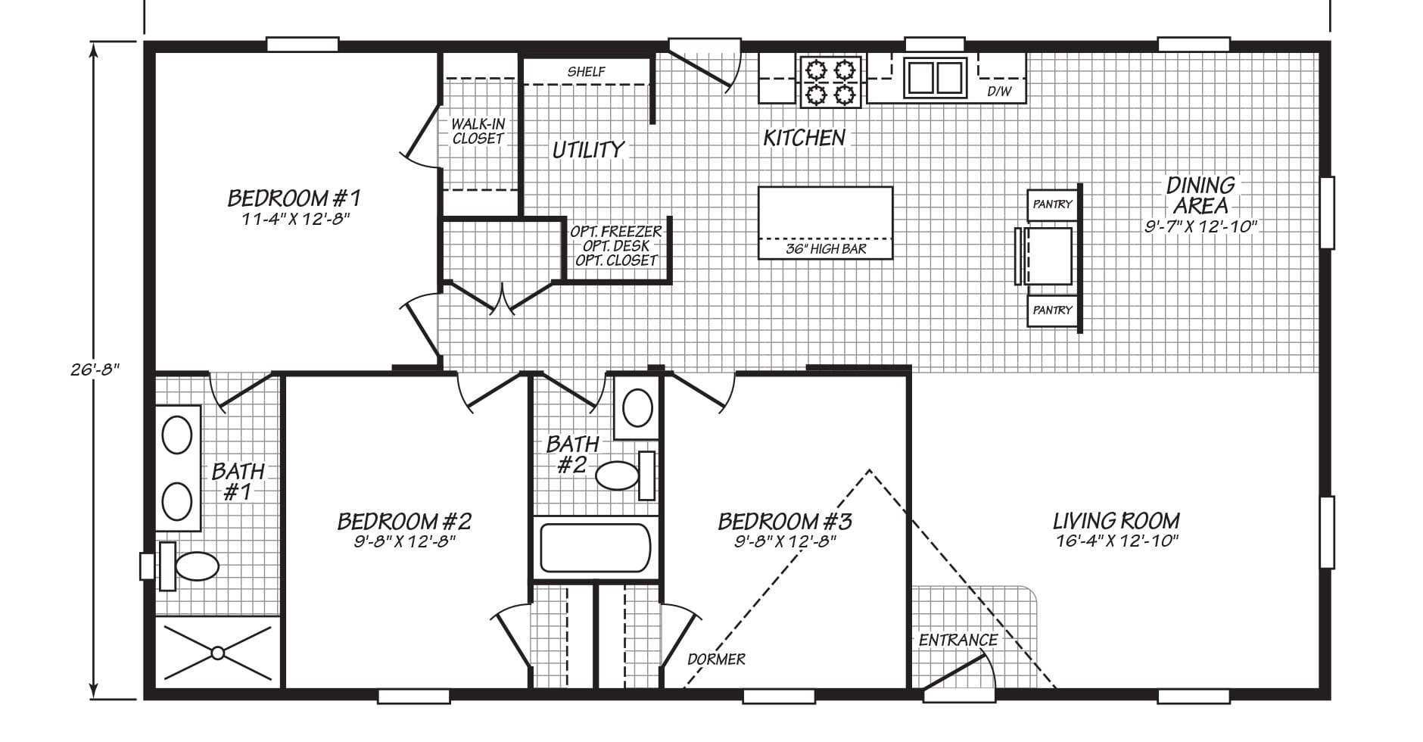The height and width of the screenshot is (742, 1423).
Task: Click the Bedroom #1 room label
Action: tap(294, 198)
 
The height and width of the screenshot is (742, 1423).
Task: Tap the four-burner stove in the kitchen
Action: tap(830, 81)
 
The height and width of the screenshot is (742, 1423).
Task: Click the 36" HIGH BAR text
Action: tap(826, 249)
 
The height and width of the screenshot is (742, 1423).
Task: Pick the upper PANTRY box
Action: tap(1052, 204)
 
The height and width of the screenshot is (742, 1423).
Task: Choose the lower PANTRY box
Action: tap(1052, 310)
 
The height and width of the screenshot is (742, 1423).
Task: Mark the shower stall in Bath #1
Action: tap(218, 652)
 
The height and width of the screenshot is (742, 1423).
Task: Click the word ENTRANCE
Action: tap(958, 641)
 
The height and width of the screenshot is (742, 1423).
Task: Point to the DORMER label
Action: tap(716, 659)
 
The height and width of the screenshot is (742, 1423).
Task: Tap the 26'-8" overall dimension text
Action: tap(93, 369)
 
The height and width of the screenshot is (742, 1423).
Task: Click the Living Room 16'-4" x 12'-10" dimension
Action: tap(1117, 541)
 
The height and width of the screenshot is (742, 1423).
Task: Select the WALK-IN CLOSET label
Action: tap(478, 131)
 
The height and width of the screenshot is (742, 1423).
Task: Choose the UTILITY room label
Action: tap(589, 150)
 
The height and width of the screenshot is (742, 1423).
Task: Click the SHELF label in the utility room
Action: tap(587, 72)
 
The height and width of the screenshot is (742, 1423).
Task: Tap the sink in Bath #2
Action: tap(637, 409)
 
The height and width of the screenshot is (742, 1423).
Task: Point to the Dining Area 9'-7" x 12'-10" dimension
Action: tap(1200, 226)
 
